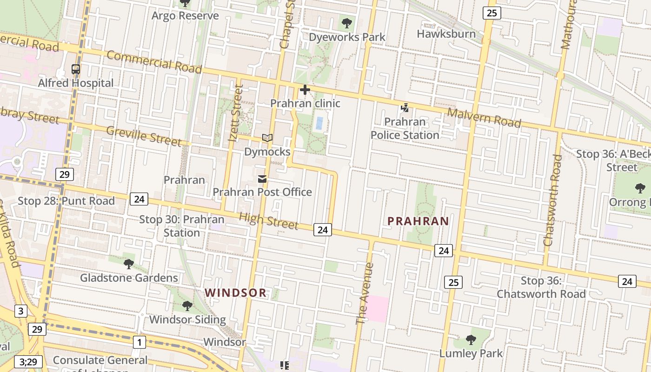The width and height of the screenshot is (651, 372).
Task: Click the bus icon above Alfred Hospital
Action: coord(75,69)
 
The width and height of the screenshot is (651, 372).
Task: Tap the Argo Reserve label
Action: coord(185,16)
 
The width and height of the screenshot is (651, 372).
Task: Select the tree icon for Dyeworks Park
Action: coord(346,23)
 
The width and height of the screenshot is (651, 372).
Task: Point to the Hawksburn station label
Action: coord(446,34)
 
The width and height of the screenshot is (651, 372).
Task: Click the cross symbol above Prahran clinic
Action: coord(305,90)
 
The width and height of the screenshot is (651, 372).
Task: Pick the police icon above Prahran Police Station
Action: coord(405,108)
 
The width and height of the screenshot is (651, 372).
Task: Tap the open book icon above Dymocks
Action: coord(267,138)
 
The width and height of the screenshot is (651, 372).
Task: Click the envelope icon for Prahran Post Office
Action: coord(262,179)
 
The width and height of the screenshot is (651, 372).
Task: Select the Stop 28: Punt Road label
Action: coord(66,201)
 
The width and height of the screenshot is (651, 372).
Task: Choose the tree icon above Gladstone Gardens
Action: coord(129,264)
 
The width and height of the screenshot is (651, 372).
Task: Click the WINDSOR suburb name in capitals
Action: coord(236,293)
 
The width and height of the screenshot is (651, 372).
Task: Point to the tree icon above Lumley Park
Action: coord(471,340)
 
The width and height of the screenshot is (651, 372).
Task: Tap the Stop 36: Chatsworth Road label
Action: coord(541,287)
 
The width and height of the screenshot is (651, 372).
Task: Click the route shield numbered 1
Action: coord(139,343)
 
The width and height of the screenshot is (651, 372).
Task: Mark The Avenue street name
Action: coord(365,293)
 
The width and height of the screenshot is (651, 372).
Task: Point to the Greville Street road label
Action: coord(143,136)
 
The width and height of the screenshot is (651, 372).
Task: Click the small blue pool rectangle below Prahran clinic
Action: coord(319,123)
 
